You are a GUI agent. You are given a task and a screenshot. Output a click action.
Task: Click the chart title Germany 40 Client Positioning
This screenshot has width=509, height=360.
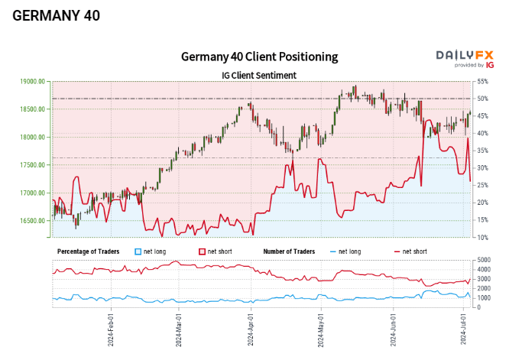(x=259, y=57)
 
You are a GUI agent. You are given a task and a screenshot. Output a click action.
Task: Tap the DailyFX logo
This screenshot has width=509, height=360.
(x=464, y=55)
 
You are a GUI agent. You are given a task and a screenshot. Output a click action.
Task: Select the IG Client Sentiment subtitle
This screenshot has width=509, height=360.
(x=258, y=75)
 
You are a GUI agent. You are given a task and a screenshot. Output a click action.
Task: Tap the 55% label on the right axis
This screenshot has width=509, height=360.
(x=482, y=81)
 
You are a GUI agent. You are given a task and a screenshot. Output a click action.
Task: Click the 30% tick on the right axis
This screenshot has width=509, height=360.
(x=482, y=168)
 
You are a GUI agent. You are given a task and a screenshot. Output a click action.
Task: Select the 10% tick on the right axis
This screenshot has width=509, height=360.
(x=482, y=238)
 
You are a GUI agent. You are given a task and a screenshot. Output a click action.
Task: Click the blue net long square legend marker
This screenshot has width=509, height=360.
(x=138, y=251)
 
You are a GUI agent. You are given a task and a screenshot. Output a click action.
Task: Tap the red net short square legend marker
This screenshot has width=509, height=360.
(x=203, y=251)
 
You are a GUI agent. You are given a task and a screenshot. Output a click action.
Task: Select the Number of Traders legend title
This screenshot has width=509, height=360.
(x=289, y=251)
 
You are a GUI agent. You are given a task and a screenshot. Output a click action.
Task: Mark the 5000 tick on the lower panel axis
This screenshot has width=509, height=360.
(x=484, y=261)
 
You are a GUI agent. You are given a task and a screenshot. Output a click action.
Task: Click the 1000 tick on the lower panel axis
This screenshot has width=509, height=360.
(x=484, y=297)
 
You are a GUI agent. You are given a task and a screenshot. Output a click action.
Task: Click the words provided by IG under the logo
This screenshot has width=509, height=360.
(x=468, y=66)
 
